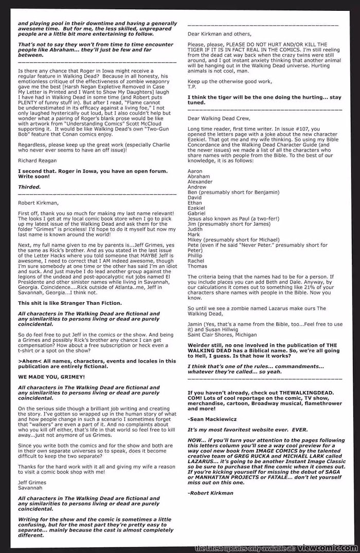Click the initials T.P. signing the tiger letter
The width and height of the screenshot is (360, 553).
click(x=192, y=86)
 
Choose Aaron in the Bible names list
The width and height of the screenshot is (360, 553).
click(x=195, y=171)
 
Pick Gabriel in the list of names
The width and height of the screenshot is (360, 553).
click(x=196, y=213)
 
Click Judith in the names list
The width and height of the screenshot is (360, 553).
click(x=195, y=229)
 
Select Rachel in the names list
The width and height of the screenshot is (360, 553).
click(x=196, y=261)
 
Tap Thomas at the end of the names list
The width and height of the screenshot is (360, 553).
click(x=197, y=266)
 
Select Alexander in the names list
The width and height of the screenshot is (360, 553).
click(x=200, y=181)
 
